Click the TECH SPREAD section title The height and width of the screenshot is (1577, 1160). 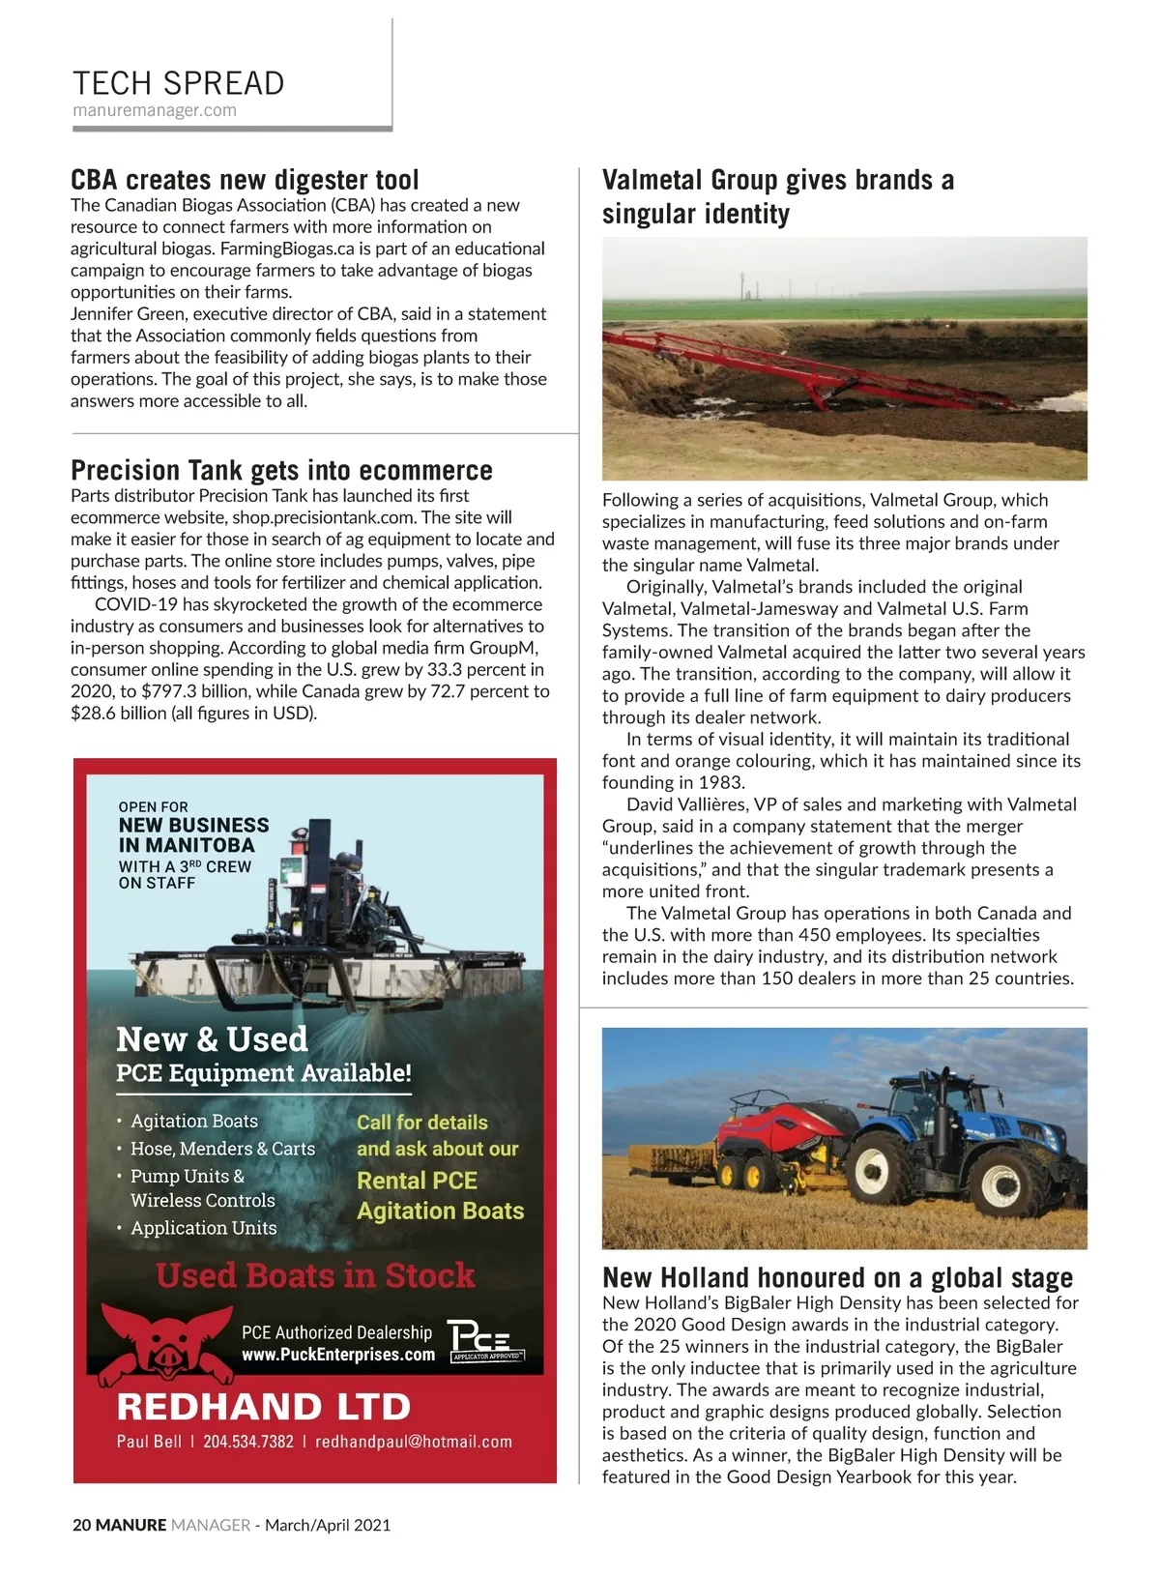[x=179, y=83]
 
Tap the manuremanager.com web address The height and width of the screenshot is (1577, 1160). [x=155, y=110]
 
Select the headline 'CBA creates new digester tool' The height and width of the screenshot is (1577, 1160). [x=245, y=180]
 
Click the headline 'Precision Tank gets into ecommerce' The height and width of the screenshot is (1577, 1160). [x=281, y=471]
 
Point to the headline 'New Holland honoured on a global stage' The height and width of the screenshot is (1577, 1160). [x=837, y=1277]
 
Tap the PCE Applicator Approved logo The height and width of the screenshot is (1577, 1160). [x=485, y=1341]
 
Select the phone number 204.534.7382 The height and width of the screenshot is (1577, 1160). [x=247, y=1442]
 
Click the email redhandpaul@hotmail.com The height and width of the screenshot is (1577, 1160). [x=414, y=1442]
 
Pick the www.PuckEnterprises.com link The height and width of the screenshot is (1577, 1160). [x=338, y=1355]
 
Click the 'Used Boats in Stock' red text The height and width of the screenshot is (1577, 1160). [x=315, y=1275]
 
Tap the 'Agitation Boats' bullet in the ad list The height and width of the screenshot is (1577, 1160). [x=194, y=1121]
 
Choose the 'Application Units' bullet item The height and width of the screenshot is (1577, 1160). [x=203, y=1228]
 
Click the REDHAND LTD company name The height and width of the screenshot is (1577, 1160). [x=263, y=1406]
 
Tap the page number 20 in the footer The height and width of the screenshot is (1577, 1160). [x=81, y=1525]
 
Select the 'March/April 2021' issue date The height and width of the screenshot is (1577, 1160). [x=328, y=1525]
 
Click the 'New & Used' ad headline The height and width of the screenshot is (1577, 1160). [x=212, y=1039]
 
